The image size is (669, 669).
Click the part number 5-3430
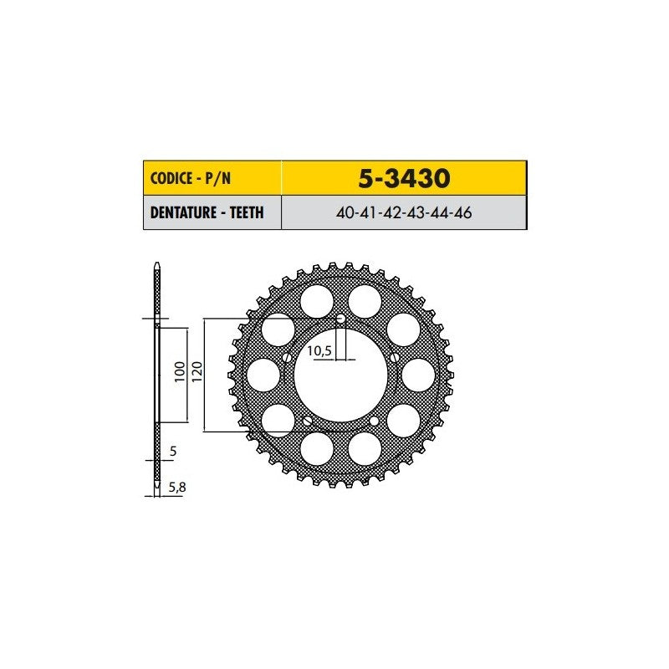pos(404,178)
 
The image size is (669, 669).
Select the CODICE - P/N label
pos(191,178)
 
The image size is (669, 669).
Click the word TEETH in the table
pos(247,212)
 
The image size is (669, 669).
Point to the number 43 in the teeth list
pos(416,212)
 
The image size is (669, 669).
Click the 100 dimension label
pos(180,371)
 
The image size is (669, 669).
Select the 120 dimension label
pos(197,371)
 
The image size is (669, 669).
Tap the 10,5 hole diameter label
pos(319,350)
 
